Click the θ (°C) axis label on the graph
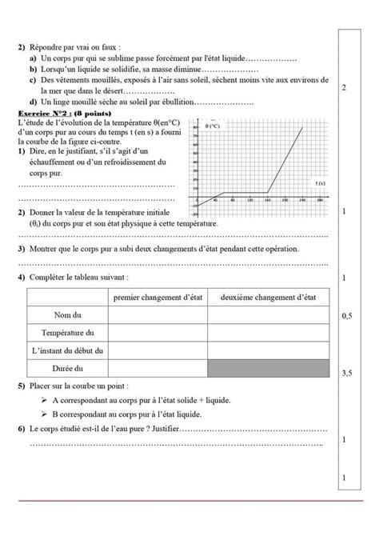pos(213,126)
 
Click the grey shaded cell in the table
pos(268,369)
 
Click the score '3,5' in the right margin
pos(347,373)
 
